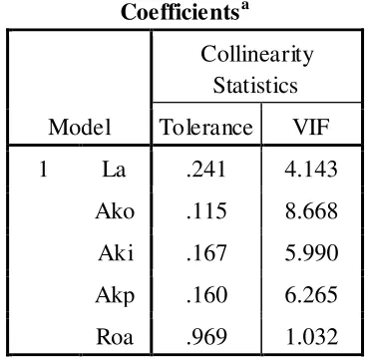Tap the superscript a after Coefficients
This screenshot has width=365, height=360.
243,7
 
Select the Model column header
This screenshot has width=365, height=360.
80,128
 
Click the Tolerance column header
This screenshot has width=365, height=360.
206,128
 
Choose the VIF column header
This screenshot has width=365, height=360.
311,128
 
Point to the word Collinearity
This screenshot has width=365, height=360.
256,55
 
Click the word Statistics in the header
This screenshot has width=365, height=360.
255,86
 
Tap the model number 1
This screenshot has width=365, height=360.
43,170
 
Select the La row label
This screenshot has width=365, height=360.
114,170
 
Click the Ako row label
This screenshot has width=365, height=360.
115,210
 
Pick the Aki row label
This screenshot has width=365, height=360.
116,253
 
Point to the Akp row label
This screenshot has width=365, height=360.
115,295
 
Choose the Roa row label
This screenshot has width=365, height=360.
115,337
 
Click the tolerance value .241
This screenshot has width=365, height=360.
206,170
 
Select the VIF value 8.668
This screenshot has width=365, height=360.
311,210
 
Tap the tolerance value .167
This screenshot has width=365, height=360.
206,253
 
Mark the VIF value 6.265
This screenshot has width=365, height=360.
311,295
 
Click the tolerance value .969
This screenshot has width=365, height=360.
206,337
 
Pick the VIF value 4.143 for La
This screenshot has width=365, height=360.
311,170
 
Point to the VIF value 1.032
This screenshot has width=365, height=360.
312,337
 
